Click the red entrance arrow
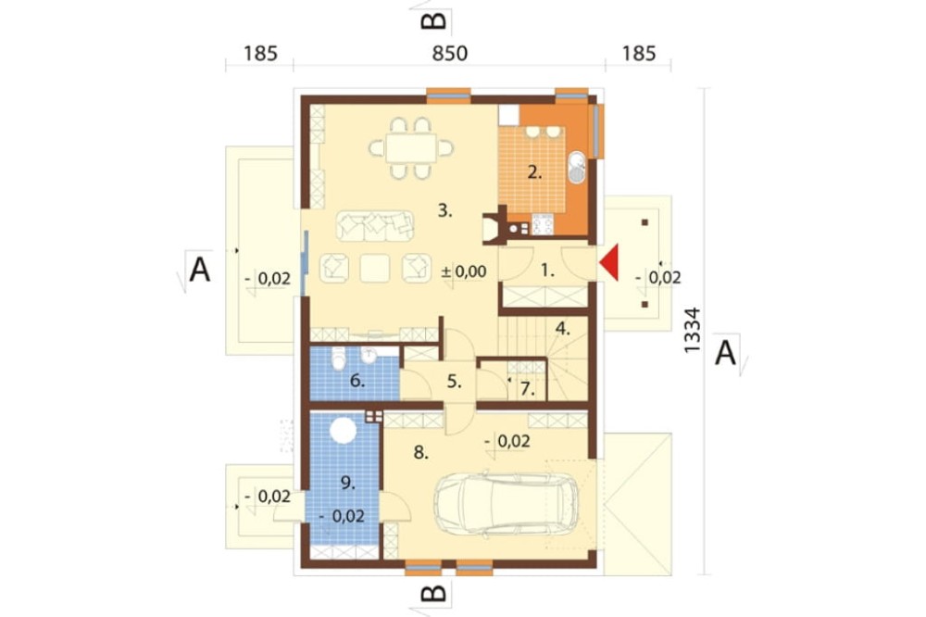[x=610, y=262]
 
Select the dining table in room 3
[x=412, y=147]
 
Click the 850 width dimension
[x=450, y=53]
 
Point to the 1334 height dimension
[x=692, y=330]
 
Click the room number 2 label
[x=535, y=172]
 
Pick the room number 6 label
[x=357, y=381]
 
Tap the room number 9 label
[x=348, y=483]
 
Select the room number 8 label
[x=421, y=453]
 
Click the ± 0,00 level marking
[x=464, y=271]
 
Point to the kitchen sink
[x=576, y=168]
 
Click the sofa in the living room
[x=375, y=225]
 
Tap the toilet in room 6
[x=339, y=359]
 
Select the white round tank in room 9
[x=344, y=430]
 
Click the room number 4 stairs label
[x=563, y=328]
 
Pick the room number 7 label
[x=528, y=389]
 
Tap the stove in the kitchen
[x=543, y=224]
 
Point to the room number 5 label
[x=454, y=381]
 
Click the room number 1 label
[x=548, y=271]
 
